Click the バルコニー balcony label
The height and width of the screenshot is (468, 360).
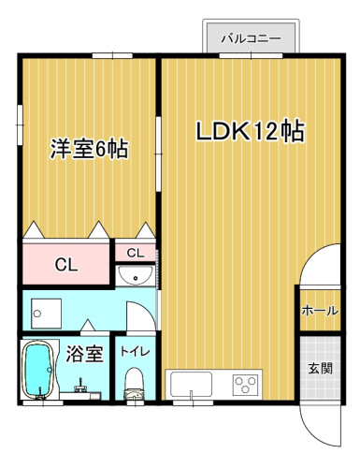tap(251, 39)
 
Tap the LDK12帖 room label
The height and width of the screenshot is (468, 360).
tap(250, 131)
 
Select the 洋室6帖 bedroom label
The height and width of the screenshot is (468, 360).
tap(90, 149)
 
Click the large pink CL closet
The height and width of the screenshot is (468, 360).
tap(66, 264)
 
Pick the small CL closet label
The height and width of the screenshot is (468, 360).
tap(136, 253)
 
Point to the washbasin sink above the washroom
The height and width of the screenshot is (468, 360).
tap(135, 276)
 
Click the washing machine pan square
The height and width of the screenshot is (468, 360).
tap(46, 314)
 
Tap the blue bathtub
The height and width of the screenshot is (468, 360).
tap(37, 369)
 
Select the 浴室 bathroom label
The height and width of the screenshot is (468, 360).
tap(84, 354)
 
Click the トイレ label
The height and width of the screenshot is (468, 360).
tap(136, 352)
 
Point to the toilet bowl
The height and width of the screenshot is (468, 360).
tap(135, 384)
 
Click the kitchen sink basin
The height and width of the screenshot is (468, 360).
tap(191, 385)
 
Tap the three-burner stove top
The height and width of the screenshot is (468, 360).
tap(246, 385)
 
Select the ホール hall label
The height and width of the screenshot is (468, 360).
tap(320, 311)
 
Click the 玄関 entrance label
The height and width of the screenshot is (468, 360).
tap(321, 368)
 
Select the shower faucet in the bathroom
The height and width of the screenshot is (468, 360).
tap(79, 386)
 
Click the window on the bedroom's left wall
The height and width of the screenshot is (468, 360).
tap(21, 124)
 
